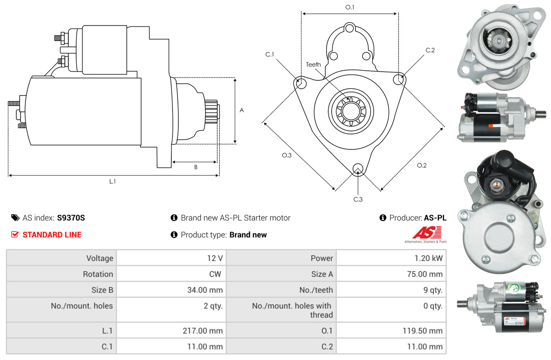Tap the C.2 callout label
tap(430, 51)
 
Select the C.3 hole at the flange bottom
tap(358, 169)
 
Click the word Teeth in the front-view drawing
tap(313, 64)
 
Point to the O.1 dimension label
tap(350, 7)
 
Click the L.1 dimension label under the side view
tap(113, 181)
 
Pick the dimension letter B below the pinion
tap(196, 167)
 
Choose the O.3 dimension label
tap(286, 155)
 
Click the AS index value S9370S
tap(71, 218)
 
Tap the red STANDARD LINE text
tap(52, 235)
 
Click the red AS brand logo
tap(427, 232)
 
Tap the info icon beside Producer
tap(383, 218)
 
